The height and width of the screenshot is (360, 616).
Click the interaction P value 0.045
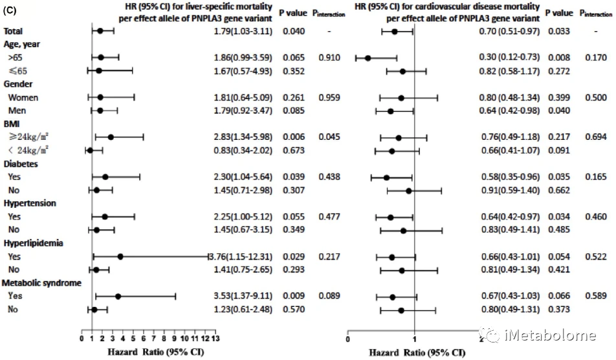tap(329, 137)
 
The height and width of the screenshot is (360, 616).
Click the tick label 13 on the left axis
tap(215, 338)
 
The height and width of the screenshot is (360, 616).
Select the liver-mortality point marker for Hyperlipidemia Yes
tap(120, 256)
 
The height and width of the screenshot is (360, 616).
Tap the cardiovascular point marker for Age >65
tap(368, 58)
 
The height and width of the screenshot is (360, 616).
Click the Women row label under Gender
tap(23, 97)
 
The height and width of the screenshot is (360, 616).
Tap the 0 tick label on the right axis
tap(347, 338)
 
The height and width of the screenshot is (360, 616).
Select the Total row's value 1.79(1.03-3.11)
tap(243, 30)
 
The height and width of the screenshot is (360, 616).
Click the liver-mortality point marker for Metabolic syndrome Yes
tap(118, 296)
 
